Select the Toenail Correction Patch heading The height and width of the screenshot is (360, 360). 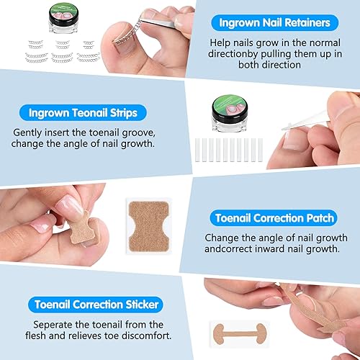click(x=274, y=217)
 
